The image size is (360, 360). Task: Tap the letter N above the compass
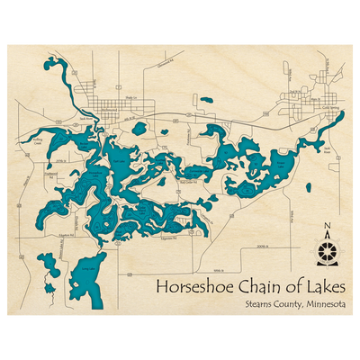tap(329, 227)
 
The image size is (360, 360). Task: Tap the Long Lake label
tap(87, 267)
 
